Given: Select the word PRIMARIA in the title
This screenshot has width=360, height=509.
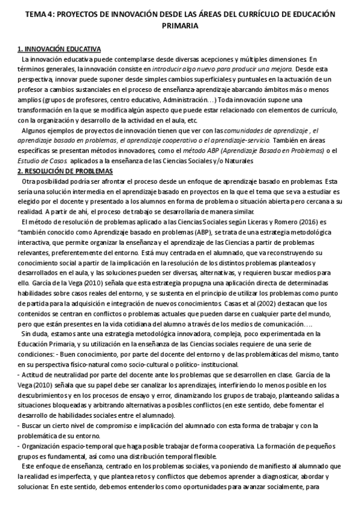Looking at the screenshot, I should click(x=179, y=26).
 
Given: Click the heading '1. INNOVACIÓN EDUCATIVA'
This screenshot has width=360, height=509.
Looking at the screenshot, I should click(x=59, y=49).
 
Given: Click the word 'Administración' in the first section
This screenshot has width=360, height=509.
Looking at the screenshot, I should click(x=183, y=99).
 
